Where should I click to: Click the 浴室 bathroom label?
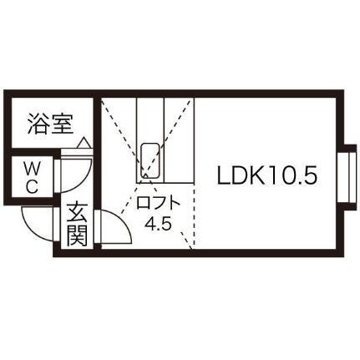51,124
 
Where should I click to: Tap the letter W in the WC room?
32,169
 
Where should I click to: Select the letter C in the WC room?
33,186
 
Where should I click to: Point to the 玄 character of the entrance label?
77,213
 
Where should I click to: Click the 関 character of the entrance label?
77,236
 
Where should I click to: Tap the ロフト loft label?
157,203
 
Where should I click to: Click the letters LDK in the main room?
241,176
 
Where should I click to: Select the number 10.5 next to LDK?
291,176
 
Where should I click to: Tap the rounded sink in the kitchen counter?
150,160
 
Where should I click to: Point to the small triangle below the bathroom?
84,143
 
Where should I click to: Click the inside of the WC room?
32,177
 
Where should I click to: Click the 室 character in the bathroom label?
63,124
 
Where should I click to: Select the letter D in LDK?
239,176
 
